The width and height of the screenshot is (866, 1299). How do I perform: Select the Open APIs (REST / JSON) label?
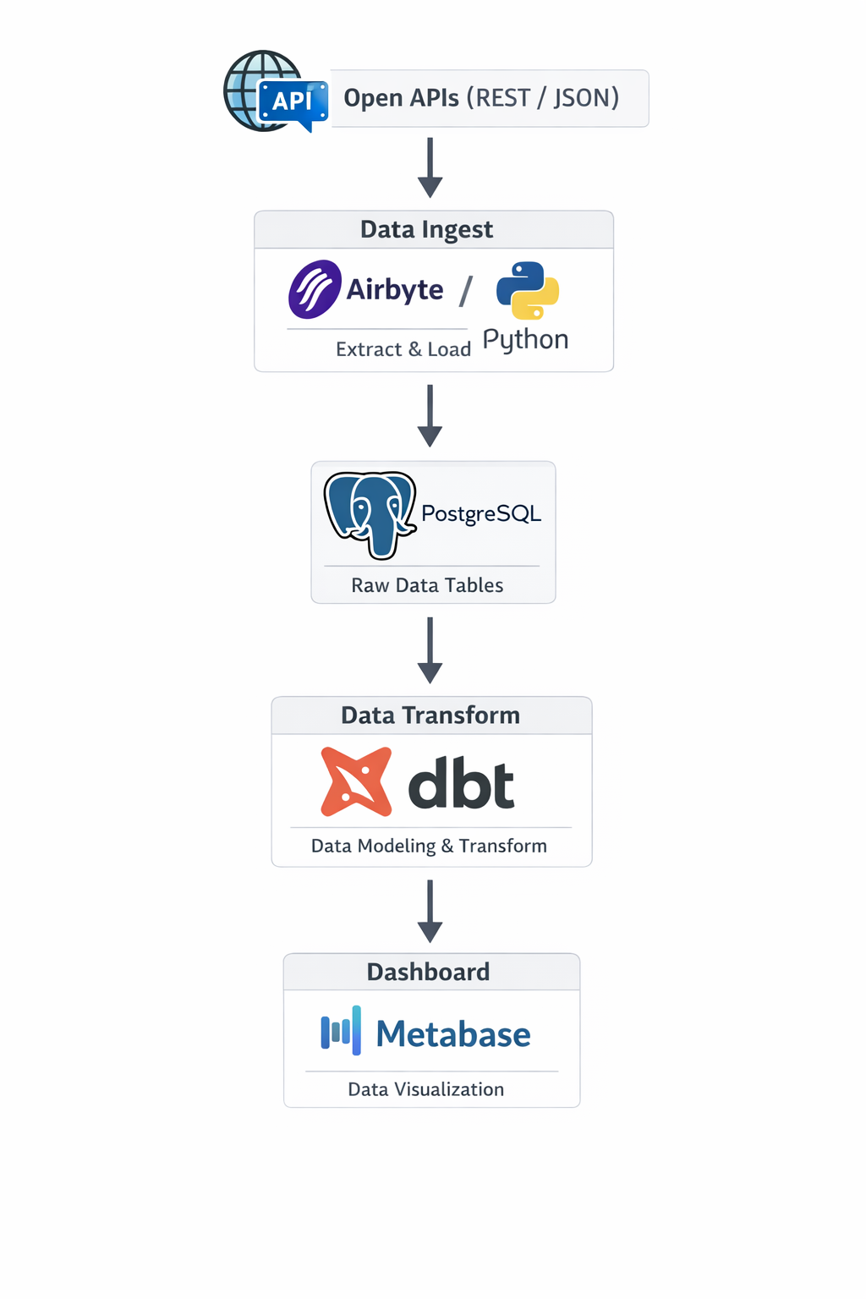[x=481, y=98]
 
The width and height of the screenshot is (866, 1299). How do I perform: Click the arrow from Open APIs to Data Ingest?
[x=430, y=167]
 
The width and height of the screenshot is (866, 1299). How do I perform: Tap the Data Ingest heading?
[x=426, y=229]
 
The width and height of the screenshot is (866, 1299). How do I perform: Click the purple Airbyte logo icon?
[x=315, y=289]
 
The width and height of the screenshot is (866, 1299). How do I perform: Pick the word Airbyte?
[x=395, y=289]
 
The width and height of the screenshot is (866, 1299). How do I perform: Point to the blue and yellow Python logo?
[x=528, y=290]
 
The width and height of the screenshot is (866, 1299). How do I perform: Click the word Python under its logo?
[x=525, y=339]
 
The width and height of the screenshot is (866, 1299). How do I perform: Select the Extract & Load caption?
[x=403, y=349]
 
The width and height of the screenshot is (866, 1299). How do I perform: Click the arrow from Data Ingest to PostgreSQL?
[x=430, y=415]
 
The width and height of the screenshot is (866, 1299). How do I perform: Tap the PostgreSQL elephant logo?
[x=370, y=514]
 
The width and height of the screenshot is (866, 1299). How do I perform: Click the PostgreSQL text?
[x=481, y=513]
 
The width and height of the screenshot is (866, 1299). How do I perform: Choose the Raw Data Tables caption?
[x=427, y=585]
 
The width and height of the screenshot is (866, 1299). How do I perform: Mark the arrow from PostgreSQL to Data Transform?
[x=430, y=649]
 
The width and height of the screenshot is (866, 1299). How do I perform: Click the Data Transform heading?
[x=430, y=715]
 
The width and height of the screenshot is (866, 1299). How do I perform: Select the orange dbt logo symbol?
[x=356, y=781]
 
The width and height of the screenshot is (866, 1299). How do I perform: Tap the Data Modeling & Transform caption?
[x=429, y=846]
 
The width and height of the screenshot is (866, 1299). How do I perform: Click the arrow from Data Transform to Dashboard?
[x=430, y=911]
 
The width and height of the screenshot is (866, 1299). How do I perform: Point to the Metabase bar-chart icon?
[x=342, y=1031]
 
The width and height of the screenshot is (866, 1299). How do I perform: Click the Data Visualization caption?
[x=426, y=1089]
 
